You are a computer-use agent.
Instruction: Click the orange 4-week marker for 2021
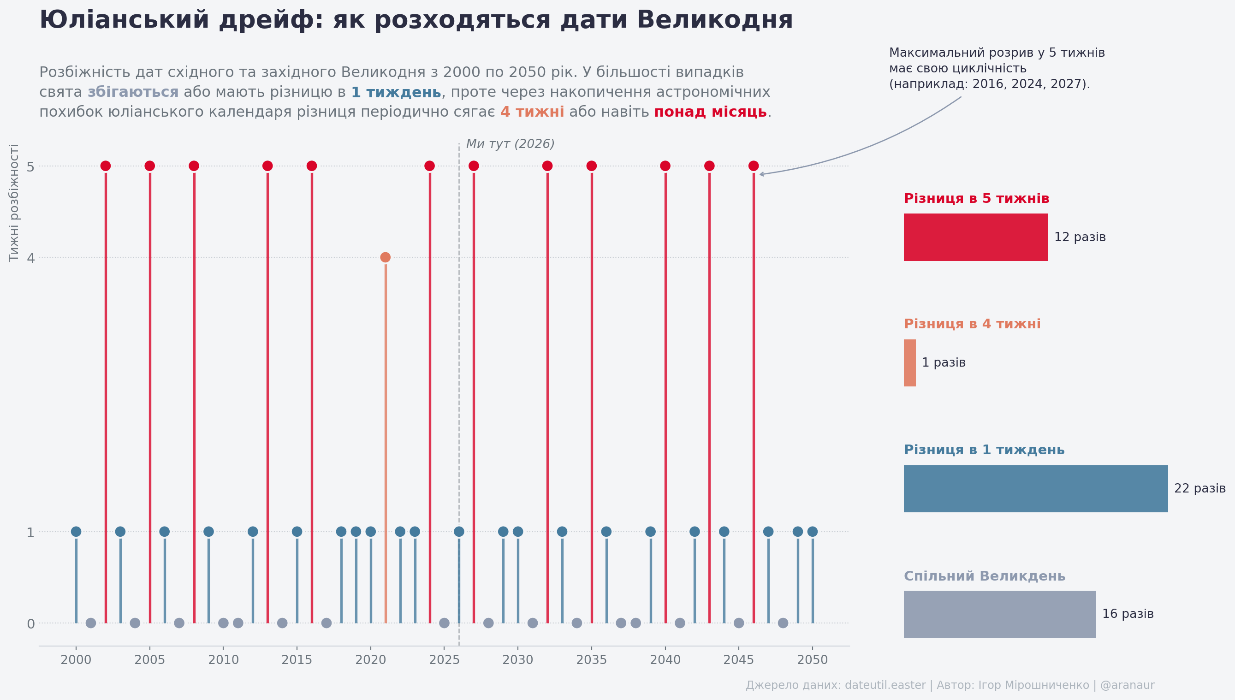(x=385, y=257)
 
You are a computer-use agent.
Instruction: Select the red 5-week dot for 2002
(x=106, y=166)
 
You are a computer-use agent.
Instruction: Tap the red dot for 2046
(x=753, y=166)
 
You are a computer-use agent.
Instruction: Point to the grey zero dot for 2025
(x=444, y=623)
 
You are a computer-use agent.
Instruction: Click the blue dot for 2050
(x=813, y=531)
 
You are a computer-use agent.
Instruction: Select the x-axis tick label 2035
(x=591, y=660)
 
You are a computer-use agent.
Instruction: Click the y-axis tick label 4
(x=31, y=258)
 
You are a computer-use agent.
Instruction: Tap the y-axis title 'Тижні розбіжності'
(x=14, y=202)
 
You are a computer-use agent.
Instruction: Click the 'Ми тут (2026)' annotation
(x=510, y=144)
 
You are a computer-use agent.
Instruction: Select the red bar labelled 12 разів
(x=975, y=237)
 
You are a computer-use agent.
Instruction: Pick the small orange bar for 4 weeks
(x=909, y=363)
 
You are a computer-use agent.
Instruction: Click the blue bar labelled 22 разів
(x=1035, y=488)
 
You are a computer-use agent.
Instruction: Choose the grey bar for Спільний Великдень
(x=999, y=614)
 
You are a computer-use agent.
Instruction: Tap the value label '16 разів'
(x=1128, y=614)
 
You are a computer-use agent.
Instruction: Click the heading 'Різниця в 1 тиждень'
(x=984, y=450)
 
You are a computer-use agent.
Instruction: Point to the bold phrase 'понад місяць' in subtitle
(x=710, y=112)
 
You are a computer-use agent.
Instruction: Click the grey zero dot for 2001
(x=91, y=623)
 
